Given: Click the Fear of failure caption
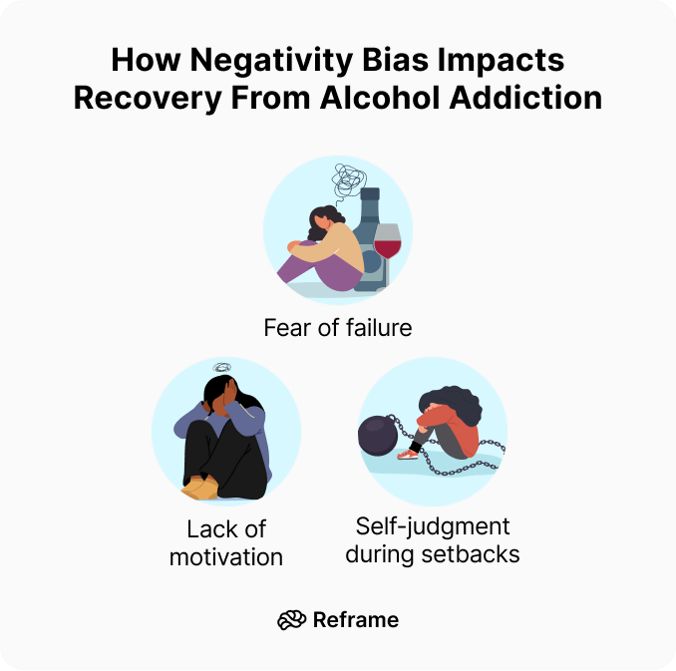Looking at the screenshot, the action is click(337, 327).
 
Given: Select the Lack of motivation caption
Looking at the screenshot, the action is click(226, 543).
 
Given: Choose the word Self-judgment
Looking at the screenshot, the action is click(433, 525).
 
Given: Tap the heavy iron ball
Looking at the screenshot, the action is click(378, 437).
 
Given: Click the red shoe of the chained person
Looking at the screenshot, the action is click(408, 454).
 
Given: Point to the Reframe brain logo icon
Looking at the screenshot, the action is click(291, 620).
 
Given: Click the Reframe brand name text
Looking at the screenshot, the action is click(355, 620).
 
